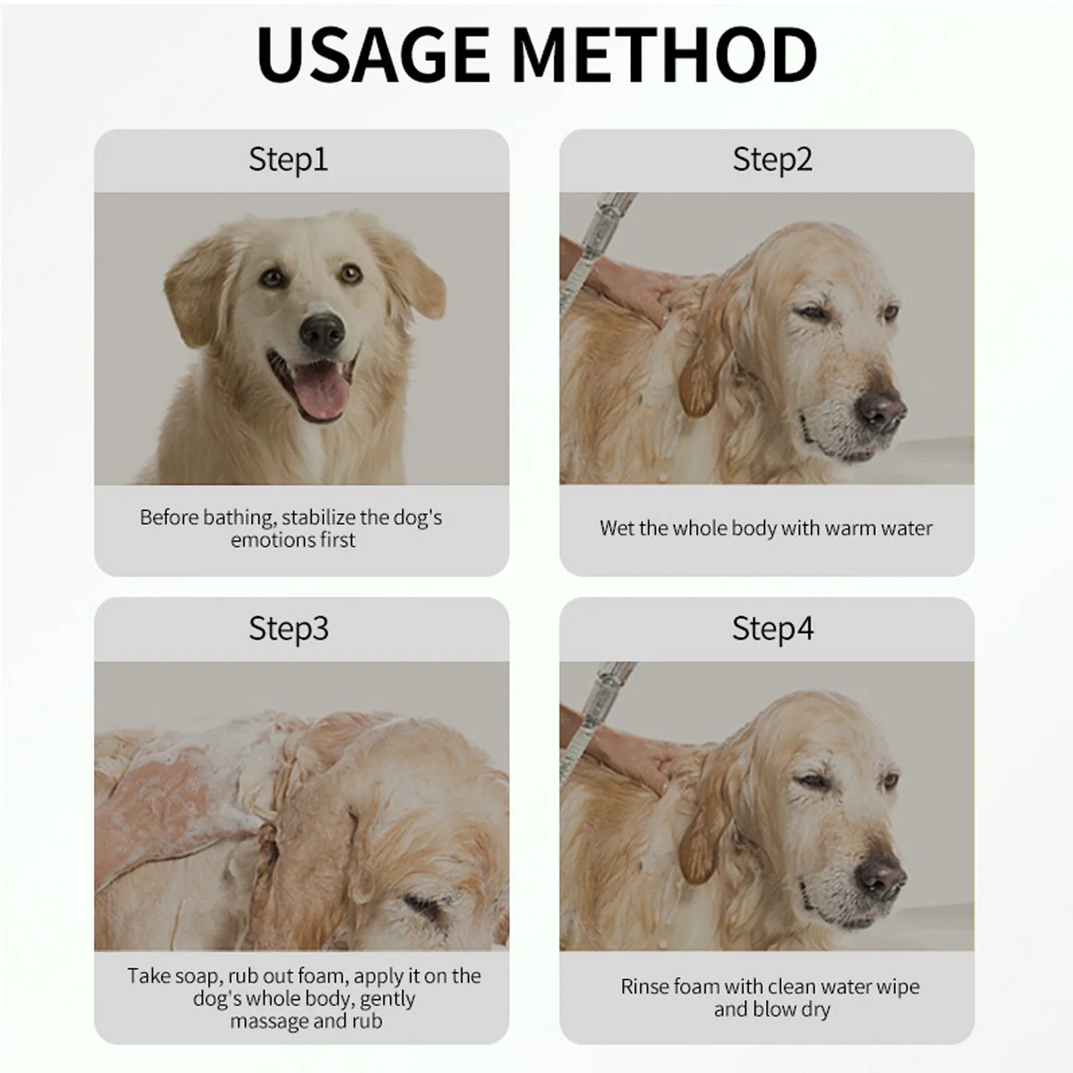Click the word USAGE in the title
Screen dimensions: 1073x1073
(x=374, y=54)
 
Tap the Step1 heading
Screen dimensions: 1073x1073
(x=288, y=160)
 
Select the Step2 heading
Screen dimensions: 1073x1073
(x=773, y=160)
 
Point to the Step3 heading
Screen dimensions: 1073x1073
(x=289, y=629)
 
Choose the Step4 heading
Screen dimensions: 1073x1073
(x=773, y=629)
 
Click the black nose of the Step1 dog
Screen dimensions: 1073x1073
(x=323, y=331)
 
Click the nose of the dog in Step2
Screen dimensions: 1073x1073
(x=881, y=406)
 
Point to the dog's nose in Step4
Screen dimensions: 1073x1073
(x=881, y=877)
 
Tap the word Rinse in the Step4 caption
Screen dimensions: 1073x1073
(x=643, y=986)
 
